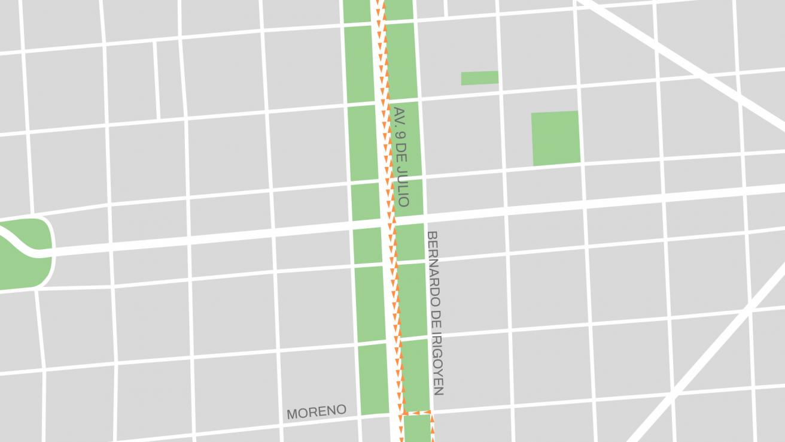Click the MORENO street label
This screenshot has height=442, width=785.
coord(316,412)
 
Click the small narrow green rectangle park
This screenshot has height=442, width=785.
coord(479,78)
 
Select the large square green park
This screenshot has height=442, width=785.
coord(555,138)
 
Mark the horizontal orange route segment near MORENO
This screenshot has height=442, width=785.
coord(417,413)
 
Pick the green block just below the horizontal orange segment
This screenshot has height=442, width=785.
coord(417,429)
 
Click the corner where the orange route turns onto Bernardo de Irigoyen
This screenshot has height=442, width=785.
coord(431,413)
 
